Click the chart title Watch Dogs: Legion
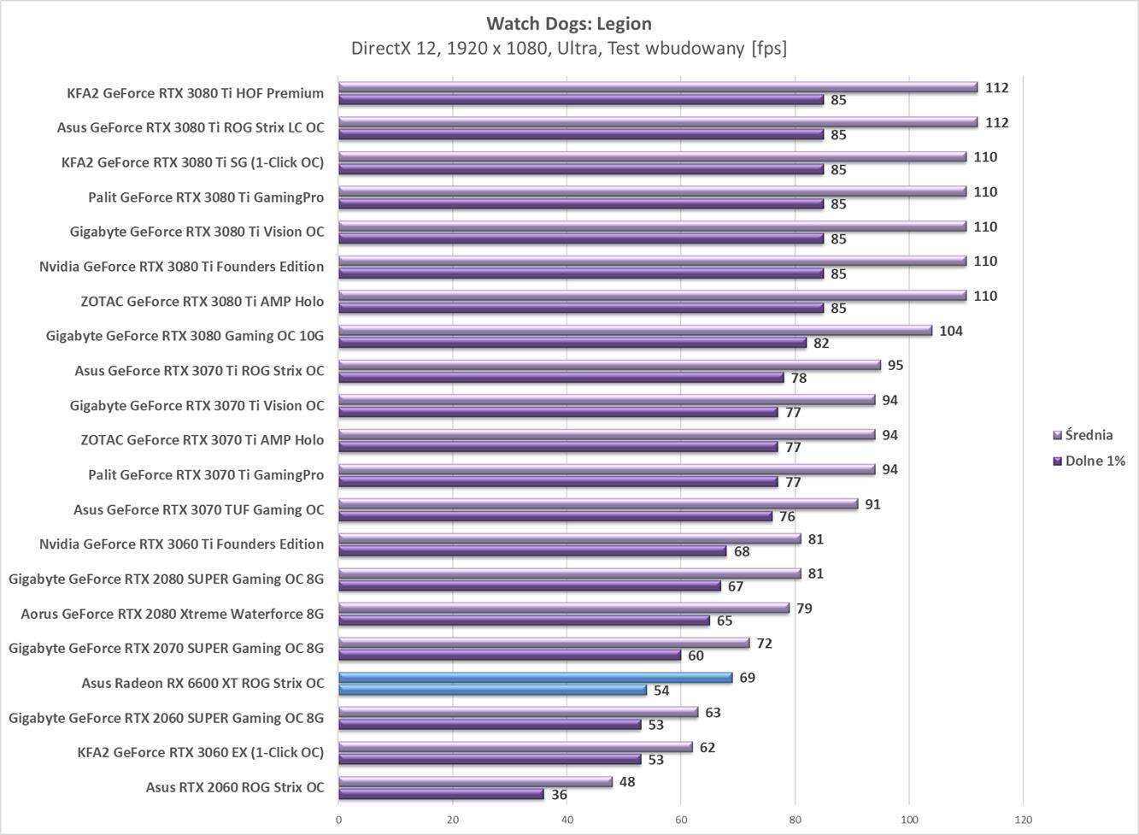[x=569, y=23]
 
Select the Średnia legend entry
[x=1089, y=435]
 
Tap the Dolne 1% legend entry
[x=1095, y=461]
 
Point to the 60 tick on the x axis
[x=681, y=820]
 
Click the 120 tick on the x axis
[x=1023, y=820]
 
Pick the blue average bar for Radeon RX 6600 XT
[x=535, y=678]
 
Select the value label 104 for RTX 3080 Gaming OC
[x=950, y=331]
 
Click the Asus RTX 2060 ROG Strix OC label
[x=235, y=787]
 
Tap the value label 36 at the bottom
[x=559, y=795]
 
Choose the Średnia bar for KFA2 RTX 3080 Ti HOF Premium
[x=658, y=87]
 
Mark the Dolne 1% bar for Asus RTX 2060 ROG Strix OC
[x=441, y=795]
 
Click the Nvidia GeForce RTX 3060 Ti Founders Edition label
[x=181, y=544]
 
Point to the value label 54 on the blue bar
[x=661, y=691]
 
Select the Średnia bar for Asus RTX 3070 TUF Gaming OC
[x=598, y=504]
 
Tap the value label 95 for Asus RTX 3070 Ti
[x=895, y=365]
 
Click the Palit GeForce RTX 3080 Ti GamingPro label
[x=206, y=197]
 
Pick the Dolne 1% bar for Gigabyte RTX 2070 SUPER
[x=509, y=656]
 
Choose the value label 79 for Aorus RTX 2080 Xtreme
[x=804, y=609]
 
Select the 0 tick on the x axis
[x=339, y=820]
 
